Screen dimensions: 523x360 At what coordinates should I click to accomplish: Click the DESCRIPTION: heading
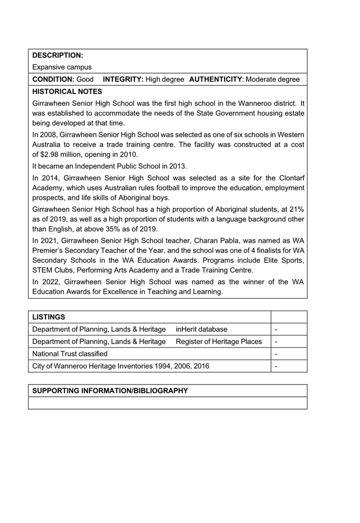(x=57, y=55)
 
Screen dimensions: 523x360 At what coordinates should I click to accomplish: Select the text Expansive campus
(x=62, y=67)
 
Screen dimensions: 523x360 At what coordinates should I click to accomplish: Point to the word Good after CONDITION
(x=85, y=80)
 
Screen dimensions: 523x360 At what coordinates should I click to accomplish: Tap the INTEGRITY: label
(x=123, y=80)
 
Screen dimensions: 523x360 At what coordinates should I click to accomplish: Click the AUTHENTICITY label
(x=215, y=80)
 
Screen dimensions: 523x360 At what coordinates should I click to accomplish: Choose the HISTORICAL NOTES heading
(x=67, y=92)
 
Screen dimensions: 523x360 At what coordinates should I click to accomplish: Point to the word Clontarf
(x=290, y=179)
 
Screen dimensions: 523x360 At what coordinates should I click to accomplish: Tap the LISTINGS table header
(x=49, y=317)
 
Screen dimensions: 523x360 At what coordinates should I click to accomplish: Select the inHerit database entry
(x=202, y=329)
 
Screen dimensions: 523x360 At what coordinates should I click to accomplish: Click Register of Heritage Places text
(x=219, y=342)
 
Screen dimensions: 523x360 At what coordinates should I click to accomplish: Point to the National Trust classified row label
(x=70, y=354)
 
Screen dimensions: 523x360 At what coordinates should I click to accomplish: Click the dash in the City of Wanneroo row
(x=276, y=366)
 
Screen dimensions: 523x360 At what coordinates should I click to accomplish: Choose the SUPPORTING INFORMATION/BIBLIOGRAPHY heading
(x=110, y=391)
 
